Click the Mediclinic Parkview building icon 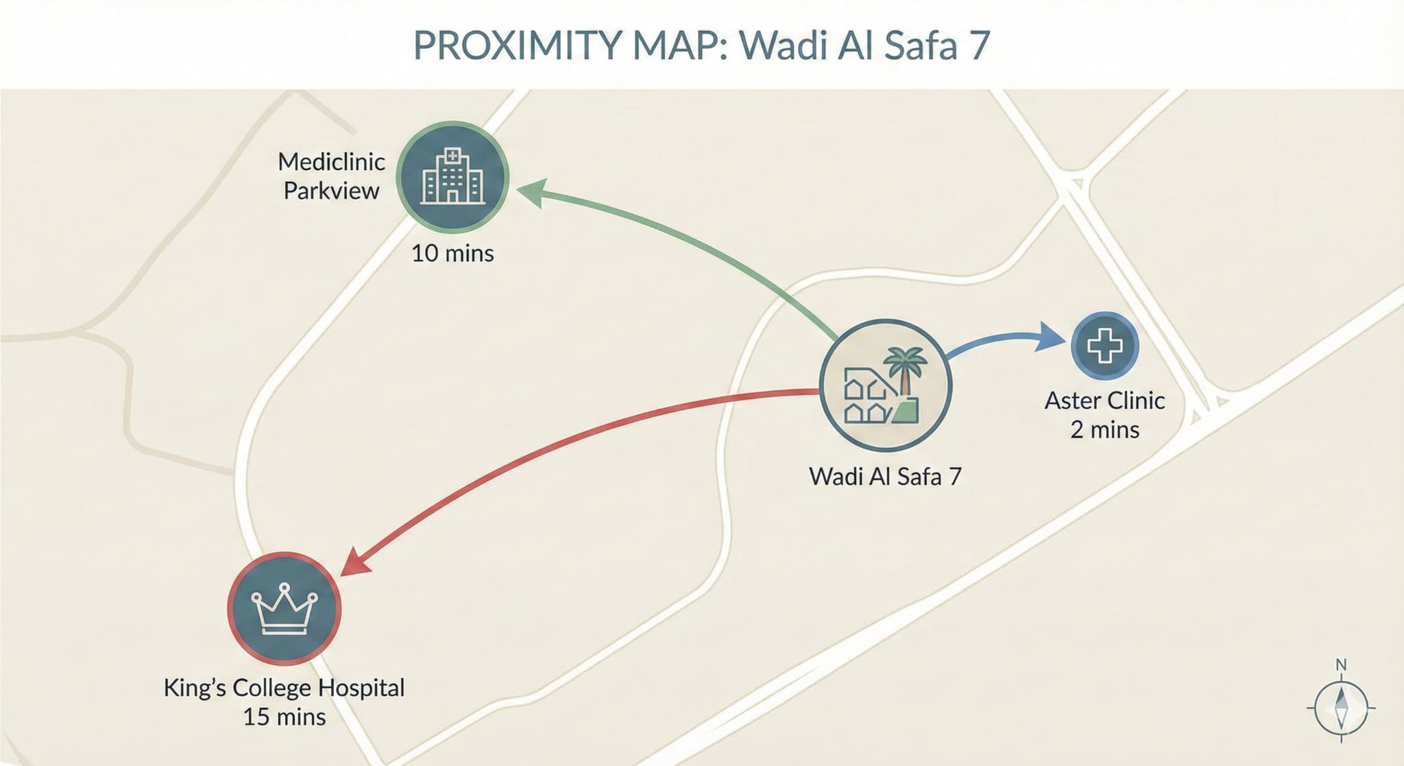[x=452, y=177]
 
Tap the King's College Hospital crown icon [x=284, y=609]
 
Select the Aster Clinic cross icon [x=1104, y=346]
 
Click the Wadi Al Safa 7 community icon [x=885, y=385]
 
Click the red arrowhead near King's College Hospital [x=354, y=563]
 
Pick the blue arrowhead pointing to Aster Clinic [x=1050, y=336]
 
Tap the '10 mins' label [x=452, y=253]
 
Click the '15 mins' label [x=284, y=717]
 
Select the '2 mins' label [x=1104, y=430]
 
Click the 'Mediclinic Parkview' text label [x=331, y=176]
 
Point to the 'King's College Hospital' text [x=284, y=687]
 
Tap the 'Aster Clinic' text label [x=1104, y=400]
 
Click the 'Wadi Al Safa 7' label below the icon [x=885, y=476]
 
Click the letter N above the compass [x=1342, y=665]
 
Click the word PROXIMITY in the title [x=517, y=45]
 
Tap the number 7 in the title [x=979, y=45]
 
